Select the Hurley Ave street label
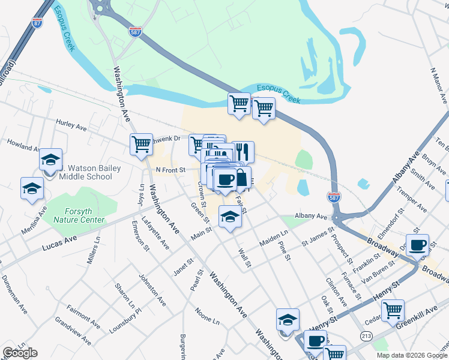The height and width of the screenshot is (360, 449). tap(71, 127)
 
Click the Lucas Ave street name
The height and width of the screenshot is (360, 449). tap(59, 243)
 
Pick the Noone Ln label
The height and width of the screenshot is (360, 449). tap(207, 316)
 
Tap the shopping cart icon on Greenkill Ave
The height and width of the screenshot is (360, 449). tap(393, 311)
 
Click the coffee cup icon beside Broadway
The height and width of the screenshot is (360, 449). tap(418, 245)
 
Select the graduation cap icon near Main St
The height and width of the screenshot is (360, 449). tap(229, 217)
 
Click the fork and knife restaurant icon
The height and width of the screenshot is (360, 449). tap(243, 152)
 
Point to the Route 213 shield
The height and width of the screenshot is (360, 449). tap(366, 336)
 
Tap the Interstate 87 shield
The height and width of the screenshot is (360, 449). tap(37, 23)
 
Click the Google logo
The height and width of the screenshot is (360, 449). tap(20, 353)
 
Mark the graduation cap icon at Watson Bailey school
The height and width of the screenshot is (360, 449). tap(51, 160)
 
